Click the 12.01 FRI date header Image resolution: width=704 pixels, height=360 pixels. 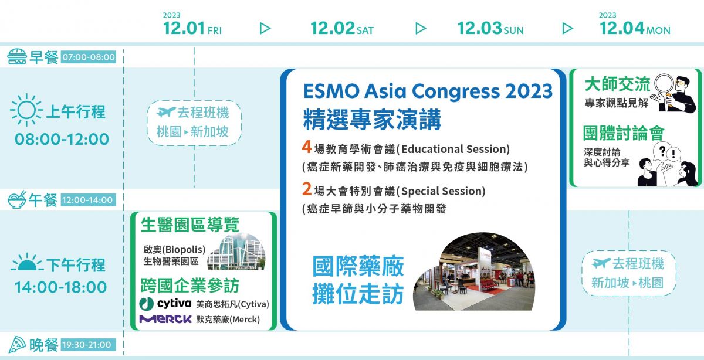tap(192, 28)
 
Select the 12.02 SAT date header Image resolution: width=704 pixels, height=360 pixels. tap(342, 28)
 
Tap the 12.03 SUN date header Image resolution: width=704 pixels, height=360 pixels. tap(490, 28)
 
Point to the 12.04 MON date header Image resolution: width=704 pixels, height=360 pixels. tap(635, 28)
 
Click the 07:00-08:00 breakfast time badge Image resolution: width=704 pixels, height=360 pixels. tap(89, 57)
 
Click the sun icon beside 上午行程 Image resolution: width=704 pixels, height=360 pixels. tap(26, 110)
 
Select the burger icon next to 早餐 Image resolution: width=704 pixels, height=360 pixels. tap(16, 56)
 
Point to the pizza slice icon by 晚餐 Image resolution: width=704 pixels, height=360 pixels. tap(17, 345)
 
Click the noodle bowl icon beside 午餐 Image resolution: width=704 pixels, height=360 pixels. tap(17, 199)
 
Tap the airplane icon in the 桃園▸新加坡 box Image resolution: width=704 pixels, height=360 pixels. tap(165, 111)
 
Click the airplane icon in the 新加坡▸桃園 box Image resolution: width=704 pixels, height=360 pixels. tap(601, 263)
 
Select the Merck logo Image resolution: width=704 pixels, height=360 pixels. tap(165, 319)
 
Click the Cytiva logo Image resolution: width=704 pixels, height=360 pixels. tap(165, 304)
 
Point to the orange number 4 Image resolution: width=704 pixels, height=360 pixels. tap(306, 147)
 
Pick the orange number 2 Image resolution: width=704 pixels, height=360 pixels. tap(307, 189)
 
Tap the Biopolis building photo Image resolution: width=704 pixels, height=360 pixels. tap(236, 252)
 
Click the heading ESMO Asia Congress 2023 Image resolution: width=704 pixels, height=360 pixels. tap(428, 91)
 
